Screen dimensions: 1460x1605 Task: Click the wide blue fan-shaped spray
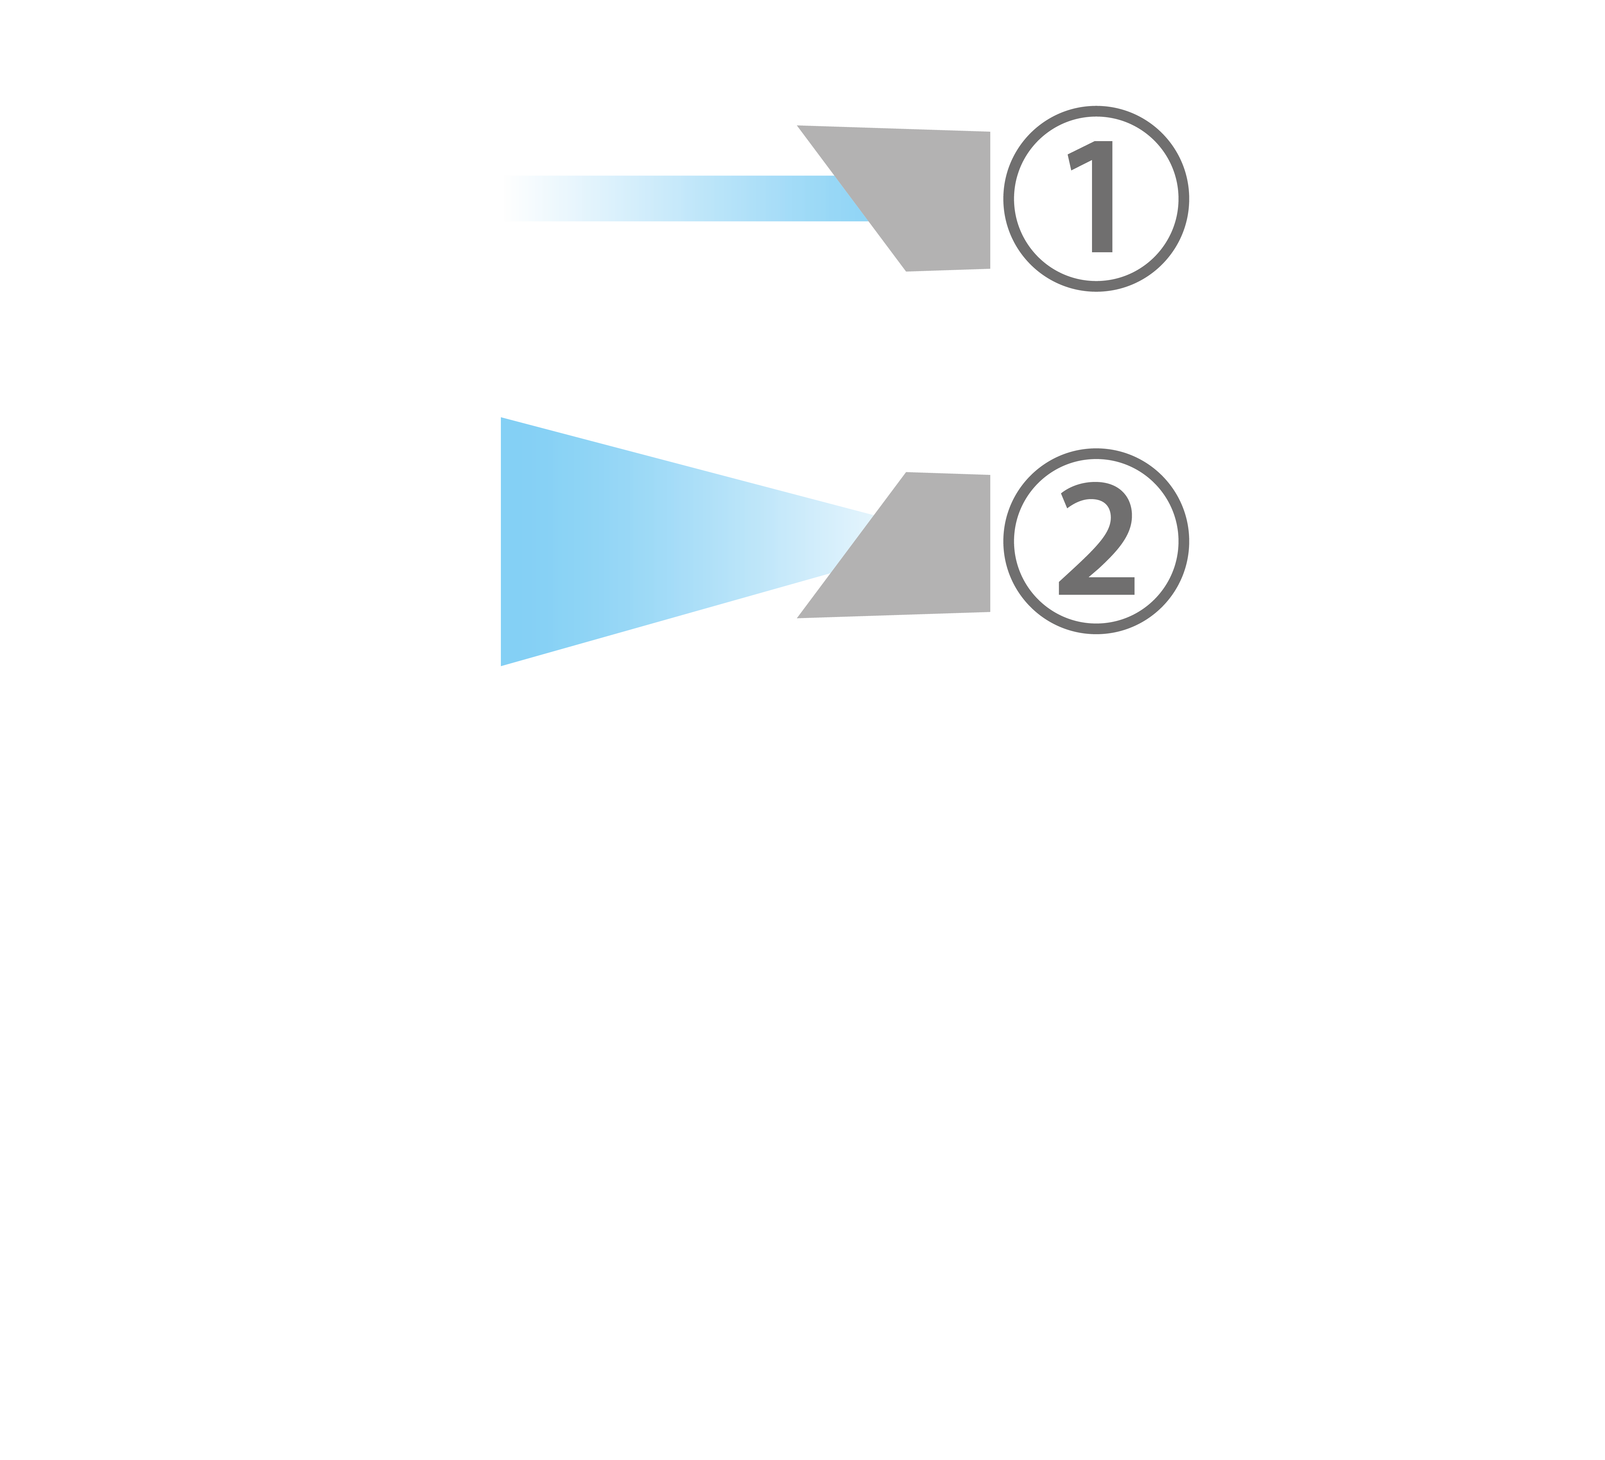637,541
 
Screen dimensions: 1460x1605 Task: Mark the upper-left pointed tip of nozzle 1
799,126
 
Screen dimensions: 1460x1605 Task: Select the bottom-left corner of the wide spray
502,664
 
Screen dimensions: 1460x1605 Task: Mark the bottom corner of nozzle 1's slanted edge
906,271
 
